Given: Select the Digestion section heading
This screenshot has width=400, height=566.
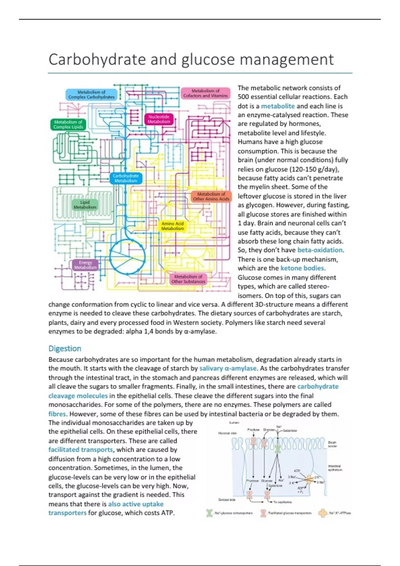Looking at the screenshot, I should click(65, 349).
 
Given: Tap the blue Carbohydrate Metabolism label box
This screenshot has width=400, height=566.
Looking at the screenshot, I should click(126, 178).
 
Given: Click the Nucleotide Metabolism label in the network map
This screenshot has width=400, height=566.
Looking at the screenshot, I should click(159, 119).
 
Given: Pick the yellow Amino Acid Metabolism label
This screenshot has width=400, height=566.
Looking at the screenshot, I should click(173, 226).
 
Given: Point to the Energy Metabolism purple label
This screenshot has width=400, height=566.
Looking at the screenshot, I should click(85, 265).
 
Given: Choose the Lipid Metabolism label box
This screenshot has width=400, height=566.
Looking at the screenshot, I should click(85, 205).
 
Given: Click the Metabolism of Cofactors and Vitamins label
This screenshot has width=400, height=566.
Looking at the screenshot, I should click(205, 93).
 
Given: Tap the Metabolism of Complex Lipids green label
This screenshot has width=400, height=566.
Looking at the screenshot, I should click(68, 125).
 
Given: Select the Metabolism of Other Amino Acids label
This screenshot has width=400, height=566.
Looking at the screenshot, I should click(211, 196).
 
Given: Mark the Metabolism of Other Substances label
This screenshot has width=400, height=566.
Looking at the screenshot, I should click(188, 279).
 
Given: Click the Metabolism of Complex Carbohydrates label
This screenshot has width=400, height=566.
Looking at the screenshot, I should click(91, 95).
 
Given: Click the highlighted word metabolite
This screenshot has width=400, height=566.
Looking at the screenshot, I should click(278, 106).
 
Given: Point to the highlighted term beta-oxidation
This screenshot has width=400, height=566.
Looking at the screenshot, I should click(320, 250).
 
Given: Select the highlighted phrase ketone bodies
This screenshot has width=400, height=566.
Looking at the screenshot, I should click(302, 268).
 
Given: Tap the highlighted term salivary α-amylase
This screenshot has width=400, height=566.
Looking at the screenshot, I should click(228, 368).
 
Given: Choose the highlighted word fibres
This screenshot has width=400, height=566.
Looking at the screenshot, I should click(57, 414).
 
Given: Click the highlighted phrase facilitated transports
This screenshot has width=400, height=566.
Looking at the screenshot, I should click(81, 449).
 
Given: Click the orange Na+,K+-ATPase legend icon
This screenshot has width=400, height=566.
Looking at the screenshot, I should click(323, 513).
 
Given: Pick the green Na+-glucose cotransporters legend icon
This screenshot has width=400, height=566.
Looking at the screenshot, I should click(209, 513).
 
